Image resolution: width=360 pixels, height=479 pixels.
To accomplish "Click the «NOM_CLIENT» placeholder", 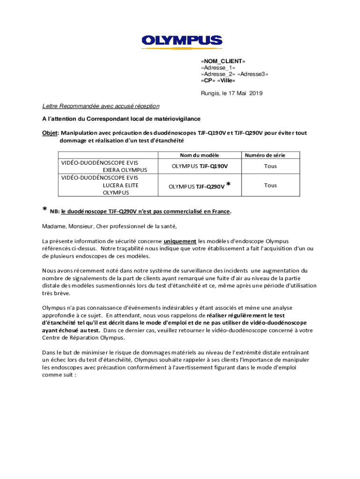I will pyautogui.click(x=223, y=61).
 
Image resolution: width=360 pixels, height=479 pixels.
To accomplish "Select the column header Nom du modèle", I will pyautogui.click(x=200, y=155).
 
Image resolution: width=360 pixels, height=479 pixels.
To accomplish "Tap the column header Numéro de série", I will pyautogui.click(x=265, y=155).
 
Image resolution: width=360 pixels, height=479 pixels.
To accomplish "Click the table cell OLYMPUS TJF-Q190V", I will pyautogui.click(x=200, y=166).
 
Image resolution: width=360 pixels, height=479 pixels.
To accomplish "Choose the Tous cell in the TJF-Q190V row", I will pyautogui.click(x=270, y=166).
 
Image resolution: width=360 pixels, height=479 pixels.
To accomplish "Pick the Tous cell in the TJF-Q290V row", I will pyautogui.click(x=270, y=185).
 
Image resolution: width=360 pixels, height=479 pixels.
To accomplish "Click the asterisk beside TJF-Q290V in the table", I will pyautogui.click(x=228, y=185).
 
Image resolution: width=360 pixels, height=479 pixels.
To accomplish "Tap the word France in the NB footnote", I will pyautogui.click(x=221, y=211).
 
